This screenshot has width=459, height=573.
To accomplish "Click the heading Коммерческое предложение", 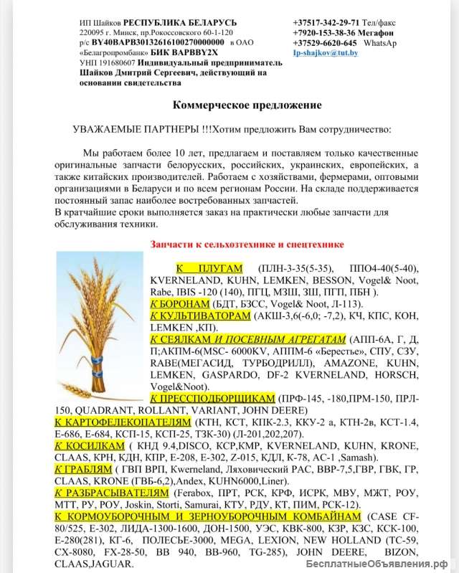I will pyautogui.click(x=247, y=105).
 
